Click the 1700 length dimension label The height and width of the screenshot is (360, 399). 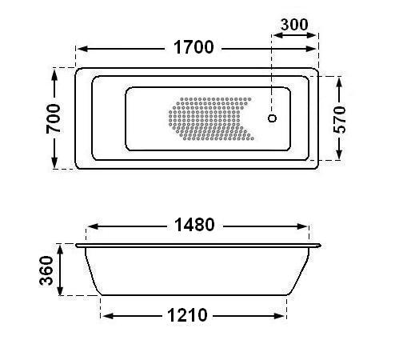[194, 47]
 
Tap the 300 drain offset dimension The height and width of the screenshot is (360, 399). [294, 25]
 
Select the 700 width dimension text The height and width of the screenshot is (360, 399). [54, 118]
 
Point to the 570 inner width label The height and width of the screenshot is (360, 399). [339, 119]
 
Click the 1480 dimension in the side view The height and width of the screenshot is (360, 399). [194, 225]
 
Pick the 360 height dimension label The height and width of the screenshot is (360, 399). [46, 270]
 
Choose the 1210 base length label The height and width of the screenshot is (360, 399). [187, 315]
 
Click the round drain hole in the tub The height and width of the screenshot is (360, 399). [272, 118]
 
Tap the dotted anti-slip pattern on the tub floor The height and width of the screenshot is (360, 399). [211, 118]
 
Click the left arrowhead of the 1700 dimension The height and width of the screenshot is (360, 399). [82, 49]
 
